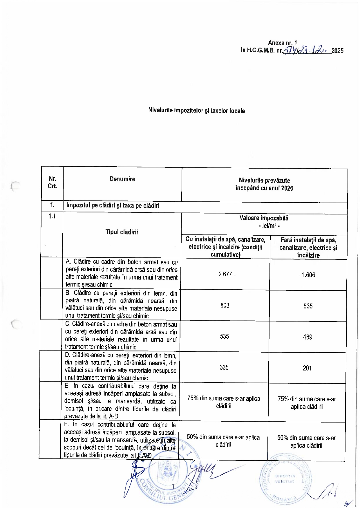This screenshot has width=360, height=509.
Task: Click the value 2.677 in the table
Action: [x=225, y=274]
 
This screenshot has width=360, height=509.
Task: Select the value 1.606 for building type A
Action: [x=308, y=275]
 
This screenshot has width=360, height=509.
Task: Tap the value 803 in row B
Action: [x=225, y=305]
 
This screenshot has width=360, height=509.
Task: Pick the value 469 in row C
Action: [x=307, y=337]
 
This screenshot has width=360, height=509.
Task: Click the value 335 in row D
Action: [x=224, y=367]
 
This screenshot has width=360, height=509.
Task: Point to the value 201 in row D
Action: [x=307, y=368]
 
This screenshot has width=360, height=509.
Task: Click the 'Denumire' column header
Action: [x=122, y=179]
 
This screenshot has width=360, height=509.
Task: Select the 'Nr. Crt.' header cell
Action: [x=52, y=182]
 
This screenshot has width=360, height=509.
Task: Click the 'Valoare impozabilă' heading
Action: [x=264, y=218]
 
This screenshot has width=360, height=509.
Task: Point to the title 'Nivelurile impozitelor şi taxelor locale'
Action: [x=196, y=111]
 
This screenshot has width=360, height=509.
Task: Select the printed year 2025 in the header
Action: [x=337, y=51]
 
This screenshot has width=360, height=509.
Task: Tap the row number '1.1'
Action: [x=52, y=216]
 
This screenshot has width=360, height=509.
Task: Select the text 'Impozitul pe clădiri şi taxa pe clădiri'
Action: [x=113, y=206]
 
